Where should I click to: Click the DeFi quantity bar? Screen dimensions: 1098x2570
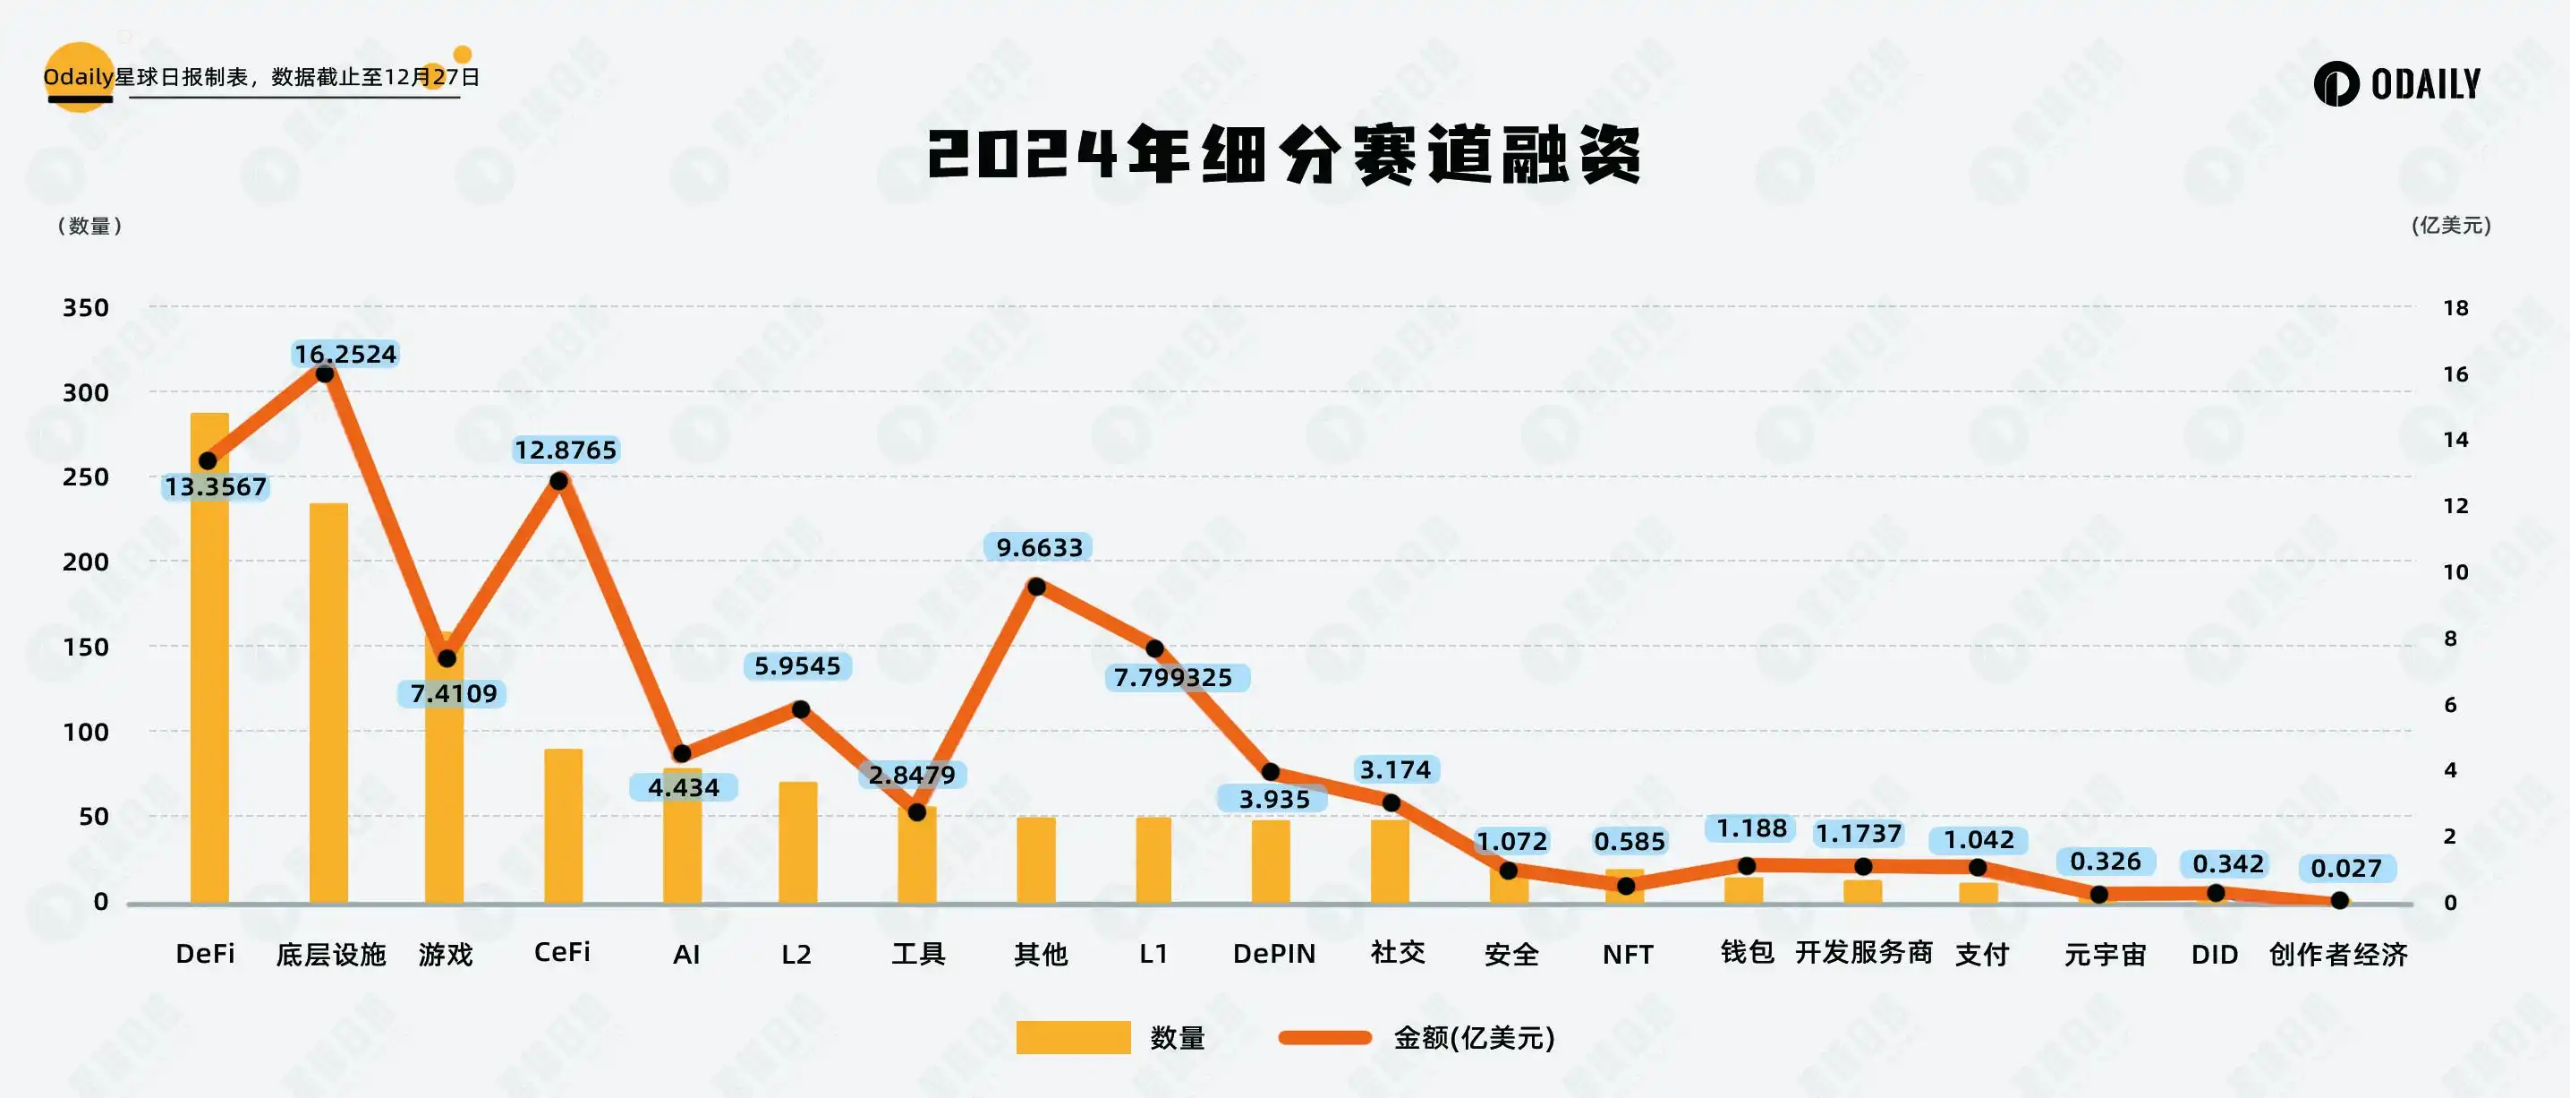click(209, 659)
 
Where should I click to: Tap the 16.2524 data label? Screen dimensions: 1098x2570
click(345, 355)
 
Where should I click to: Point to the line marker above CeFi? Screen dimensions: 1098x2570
click(559, 481)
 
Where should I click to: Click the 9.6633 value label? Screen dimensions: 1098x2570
click(1039, 547)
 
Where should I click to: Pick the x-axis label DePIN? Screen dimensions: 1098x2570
click(1274, 955)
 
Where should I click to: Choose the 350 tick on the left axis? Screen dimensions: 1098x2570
click(86, 307)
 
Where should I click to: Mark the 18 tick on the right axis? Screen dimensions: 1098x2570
click(2455, 307)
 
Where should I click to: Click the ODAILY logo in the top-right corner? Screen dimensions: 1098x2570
click(2397, 84)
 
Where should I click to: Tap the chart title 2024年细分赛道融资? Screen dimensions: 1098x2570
click(1285, 156)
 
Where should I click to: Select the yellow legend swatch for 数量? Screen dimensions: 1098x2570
click(1073, 1037)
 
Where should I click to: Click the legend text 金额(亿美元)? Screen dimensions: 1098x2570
click(1474, 1038)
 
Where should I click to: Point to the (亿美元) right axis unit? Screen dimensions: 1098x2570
click(2450, 226)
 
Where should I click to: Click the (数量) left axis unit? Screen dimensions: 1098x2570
click(89, 226)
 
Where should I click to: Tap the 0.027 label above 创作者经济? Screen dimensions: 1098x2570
click(2345, 869)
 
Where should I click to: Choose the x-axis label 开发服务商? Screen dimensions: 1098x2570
click(1864, 953)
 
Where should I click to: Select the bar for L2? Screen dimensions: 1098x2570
click(798, 843)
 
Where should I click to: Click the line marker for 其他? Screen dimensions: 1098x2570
click(1036, 587)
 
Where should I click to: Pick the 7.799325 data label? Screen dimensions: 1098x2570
click(1173, 678)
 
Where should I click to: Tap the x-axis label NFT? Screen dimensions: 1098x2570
click(1627, 956)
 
